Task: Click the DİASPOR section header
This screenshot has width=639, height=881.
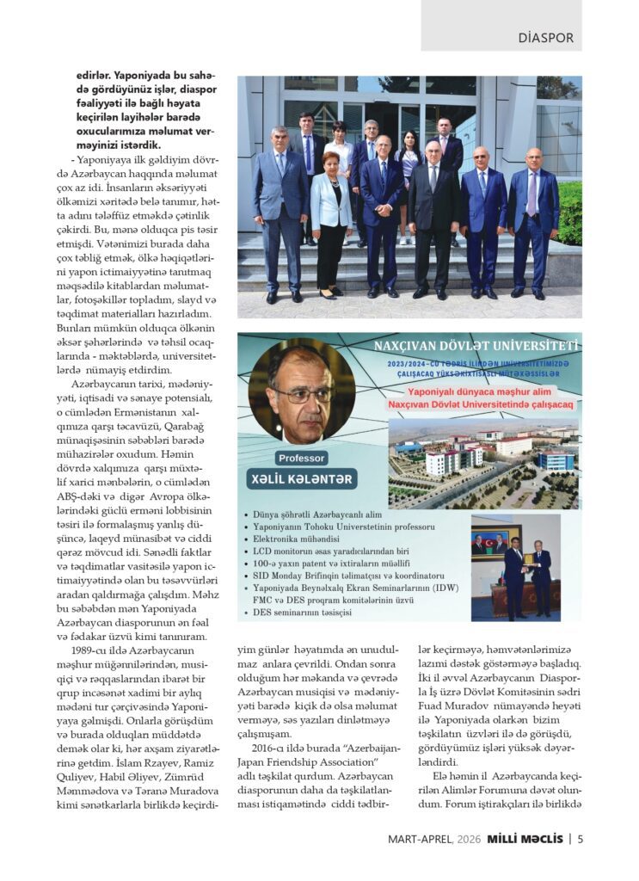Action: [x=545, y=38]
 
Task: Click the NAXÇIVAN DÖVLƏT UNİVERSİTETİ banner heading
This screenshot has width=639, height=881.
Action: [x=476, y=347]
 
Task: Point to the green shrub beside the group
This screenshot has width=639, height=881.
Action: [x=569, y=211]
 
